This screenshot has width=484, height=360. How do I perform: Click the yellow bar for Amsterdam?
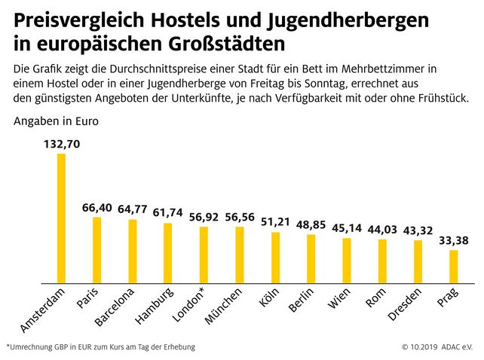[61, 218]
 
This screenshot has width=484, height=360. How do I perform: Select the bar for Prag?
[454, 267]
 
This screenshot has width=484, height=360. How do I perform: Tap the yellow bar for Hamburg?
[168, 253]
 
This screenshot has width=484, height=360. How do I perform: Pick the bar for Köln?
[276, 258]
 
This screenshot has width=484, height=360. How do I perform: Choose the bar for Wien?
[347, 261]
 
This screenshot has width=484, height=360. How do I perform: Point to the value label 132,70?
[61, 144]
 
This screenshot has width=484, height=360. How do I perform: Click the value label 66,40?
[97, 207]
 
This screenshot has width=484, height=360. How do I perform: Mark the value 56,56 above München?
[240, 217]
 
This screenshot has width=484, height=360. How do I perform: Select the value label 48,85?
[311, 224]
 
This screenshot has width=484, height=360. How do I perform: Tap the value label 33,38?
[453, 240]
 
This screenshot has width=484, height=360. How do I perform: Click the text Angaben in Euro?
[56, 120]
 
